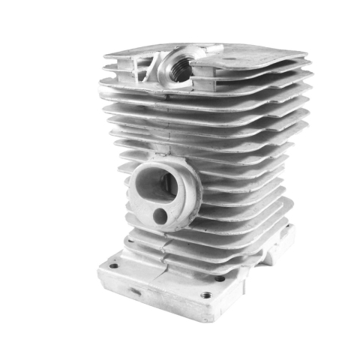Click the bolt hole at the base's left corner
click(x=113, y=265)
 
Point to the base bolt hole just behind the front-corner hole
click(x=220, y=278)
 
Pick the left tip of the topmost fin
click(x=105, y=54)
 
